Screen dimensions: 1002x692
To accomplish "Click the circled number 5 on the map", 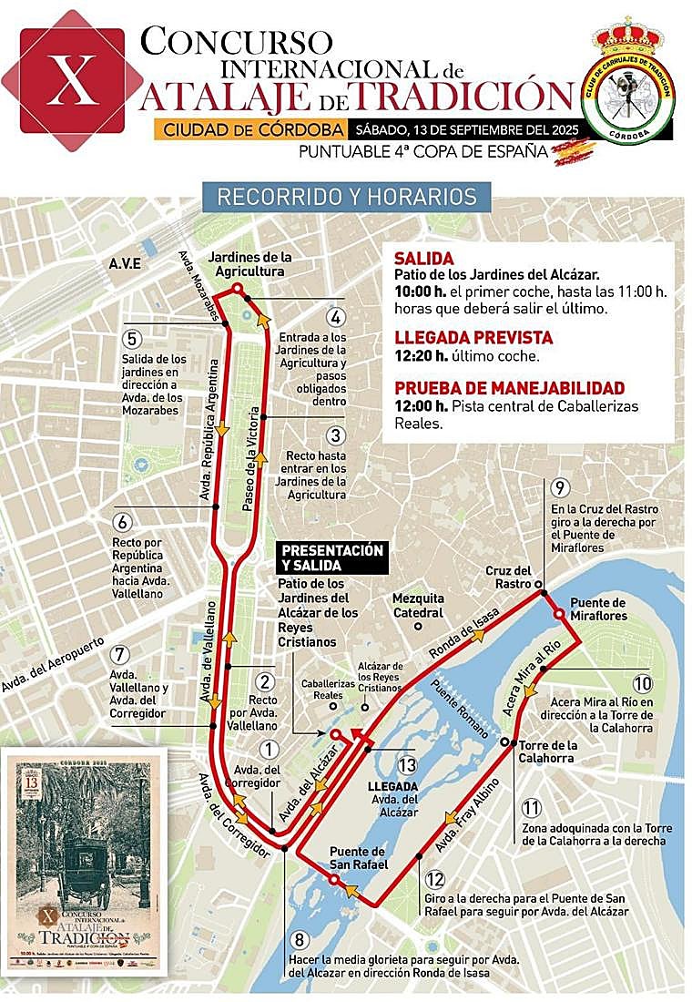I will click(x=133, y=339).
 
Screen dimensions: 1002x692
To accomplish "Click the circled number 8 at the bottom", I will click(x=301, y=939).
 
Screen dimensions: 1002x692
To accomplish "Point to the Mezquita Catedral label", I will click(x=419, y=604).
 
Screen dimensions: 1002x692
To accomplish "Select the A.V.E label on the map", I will click(x=125, y=263).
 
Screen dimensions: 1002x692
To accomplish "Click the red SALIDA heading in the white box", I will click(x=423, y=259).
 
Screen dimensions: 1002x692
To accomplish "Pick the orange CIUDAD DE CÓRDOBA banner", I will click(x=249, y=129).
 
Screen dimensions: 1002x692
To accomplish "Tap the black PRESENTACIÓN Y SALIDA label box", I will click(x=331, y=558).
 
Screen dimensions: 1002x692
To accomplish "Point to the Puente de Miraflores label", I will click(x=597, y=609).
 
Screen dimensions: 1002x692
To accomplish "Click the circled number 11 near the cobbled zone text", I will click(x=532, y=808).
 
